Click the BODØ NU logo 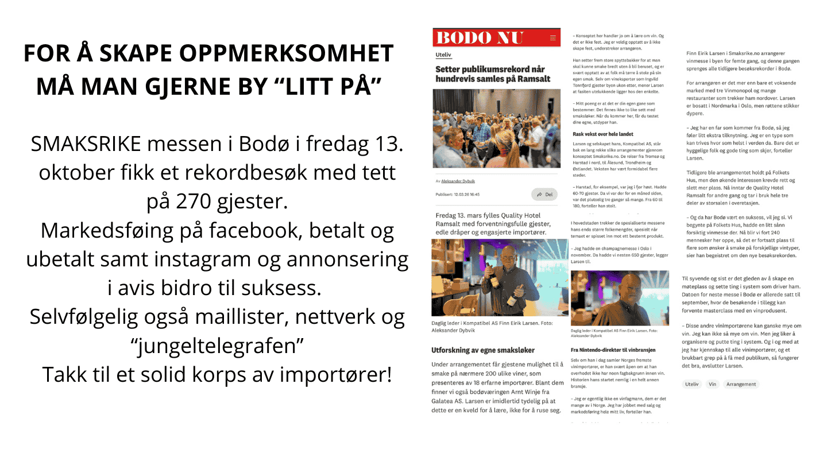[479, 38]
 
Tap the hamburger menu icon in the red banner [553, 38]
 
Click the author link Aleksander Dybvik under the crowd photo [458, 181]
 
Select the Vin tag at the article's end [713, 384]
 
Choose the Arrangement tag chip [741, 384]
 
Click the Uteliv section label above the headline [444, 56]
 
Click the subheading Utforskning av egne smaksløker [483, 350]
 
